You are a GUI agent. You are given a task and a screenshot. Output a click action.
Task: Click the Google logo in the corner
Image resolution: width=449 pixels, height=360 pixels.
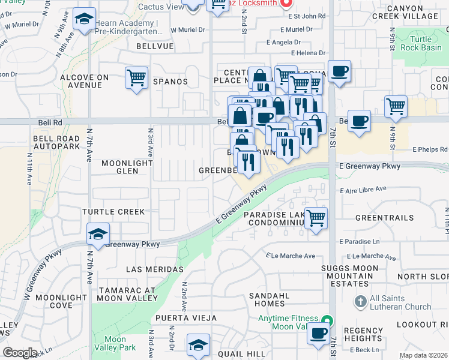pyautogui.click(x=20, y=353)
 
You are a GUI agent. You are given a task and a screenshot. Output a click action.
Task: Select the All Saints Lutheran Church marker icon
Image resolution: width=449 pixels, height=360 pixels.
pyautogui.click(x=360, y=299)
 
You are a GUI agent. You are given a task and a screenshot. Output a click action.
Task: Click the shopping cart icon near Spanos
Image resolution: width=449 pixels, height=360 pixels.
pyautogui.click(x=137, y=77)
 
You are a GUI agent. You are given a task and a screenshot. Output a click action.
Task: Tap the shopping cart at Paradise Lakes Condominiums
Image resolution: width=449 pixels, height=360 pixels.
pyautogui.click(x=316, y=217)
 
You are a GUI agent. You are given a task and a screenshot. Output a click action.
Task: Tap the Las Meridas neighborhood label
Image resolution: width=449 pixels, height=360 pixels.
pyautogui.click(x=155, y=269)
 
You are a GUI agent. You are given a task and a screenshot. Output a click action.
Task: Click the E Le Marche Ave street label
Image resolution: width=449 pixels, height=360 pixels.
pyautogui.click(x=291, y=256)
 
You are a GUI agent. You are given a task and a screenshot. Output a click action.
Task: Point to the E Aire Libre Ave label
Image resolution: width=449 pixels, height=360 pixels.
pyautogui.click(x=363, y=190)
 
